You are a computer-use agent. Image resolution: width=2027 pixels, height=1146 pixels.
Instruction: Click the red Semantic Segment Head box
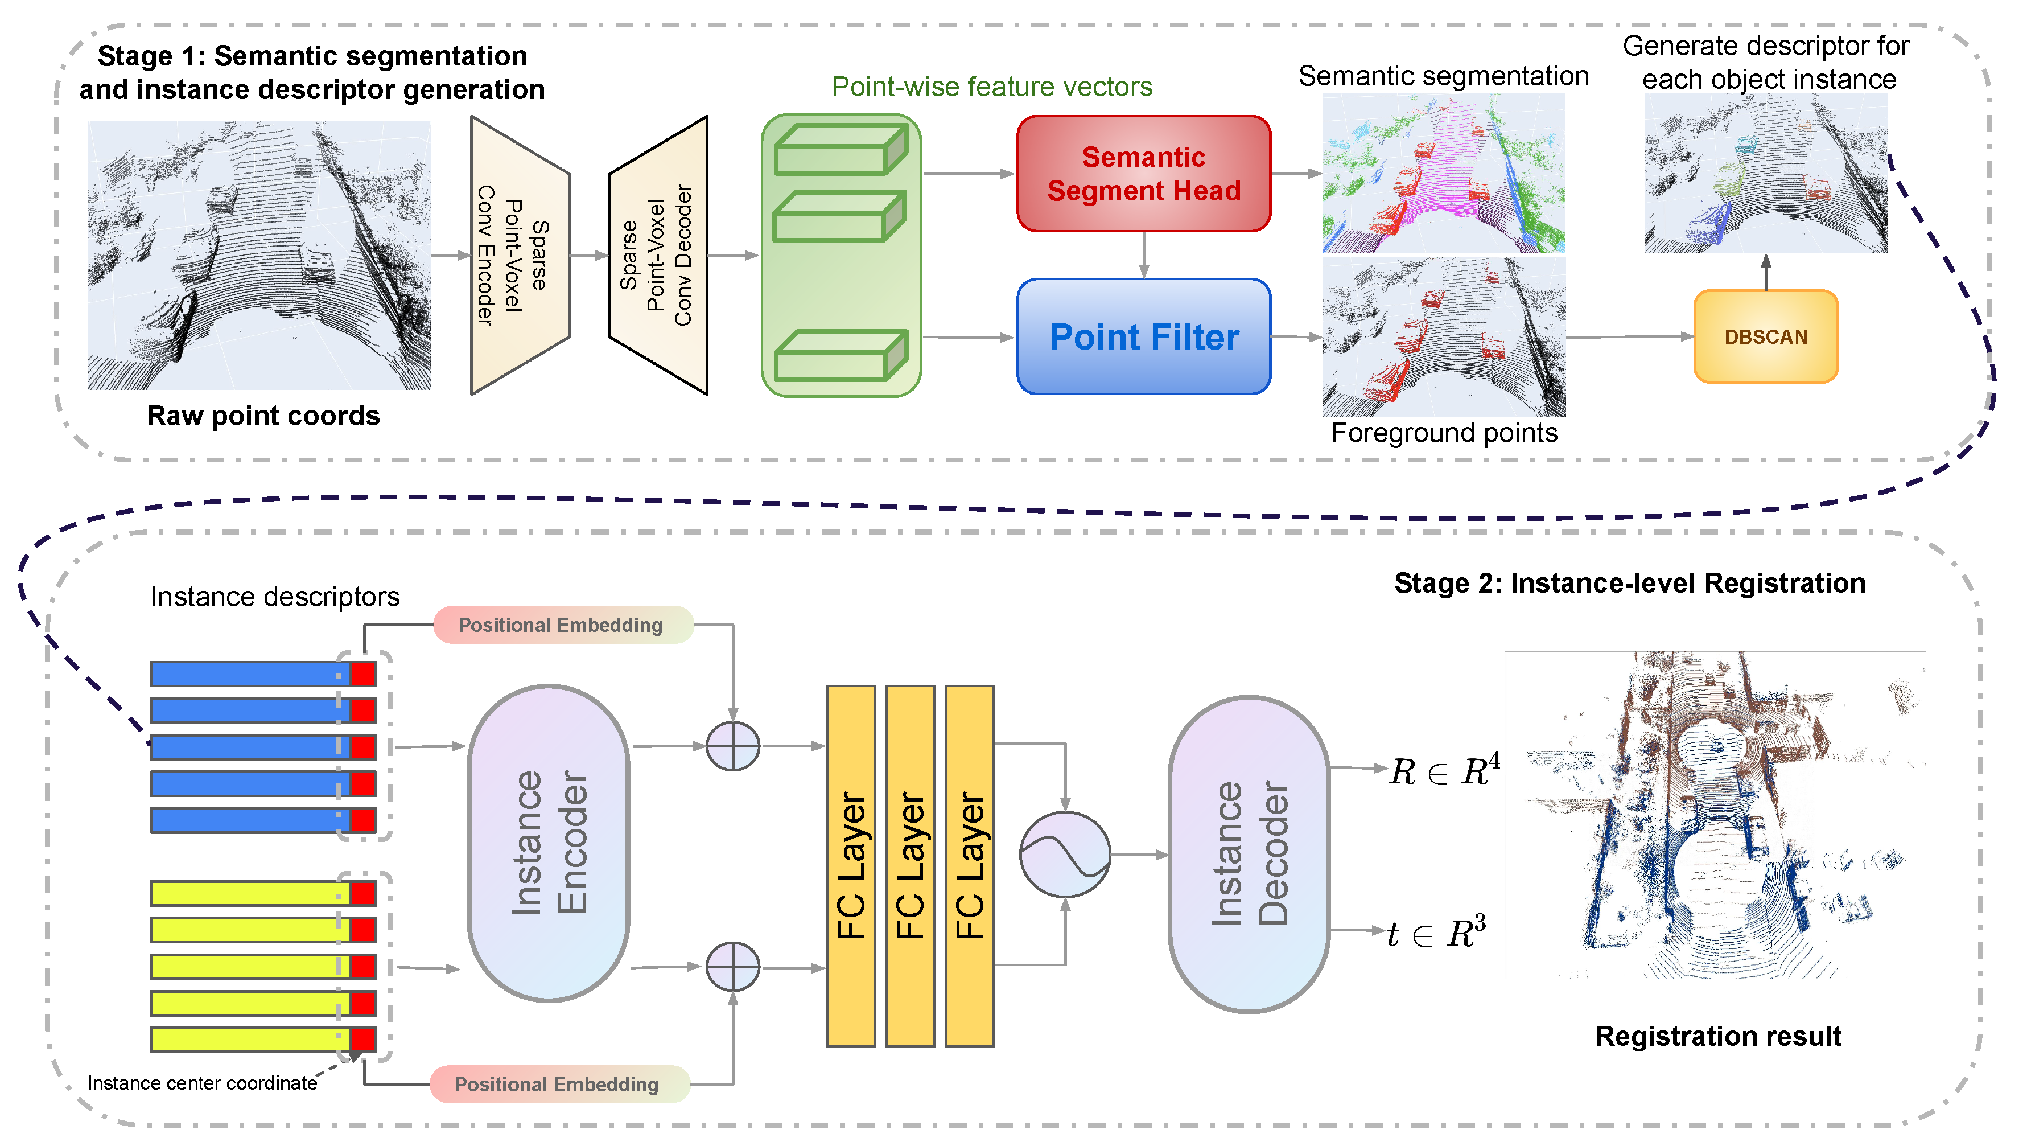(1143, 174)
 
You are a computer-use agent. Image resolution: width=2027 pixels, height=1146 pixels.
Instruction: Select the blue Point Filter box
(1143, 337)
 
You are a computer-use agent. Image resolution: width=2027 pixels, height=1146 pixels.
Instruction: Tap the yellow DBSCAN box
(1766, 337)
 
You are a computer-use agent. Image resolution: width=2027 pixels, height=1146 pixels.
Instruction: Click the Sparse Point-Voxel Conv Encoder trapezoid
(520, 256)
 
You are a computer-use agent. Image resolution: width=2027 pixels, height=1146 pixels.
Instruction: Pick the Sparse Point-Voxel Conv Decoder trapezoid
(658, 256)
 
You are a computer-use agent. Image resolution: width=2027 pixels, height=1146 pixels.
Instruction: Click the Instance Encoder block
(549, 843)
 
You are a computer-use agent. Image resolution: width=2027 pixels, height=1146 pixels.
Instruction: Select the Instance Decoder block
(1249, 854)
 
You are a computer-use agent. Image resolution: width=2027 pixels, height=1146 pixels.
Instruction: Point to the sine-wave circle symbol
(1065, 854)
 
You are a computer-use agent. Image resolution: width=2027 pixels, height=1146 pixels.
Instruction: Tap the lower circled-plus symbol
(732, 967)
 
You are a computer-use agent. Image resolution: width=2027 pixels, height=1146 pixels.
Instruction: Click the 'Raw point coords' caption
(263, 416)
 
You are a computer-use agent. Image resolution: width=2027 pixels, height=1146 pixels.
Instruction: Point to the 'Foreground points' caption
(1444, 433)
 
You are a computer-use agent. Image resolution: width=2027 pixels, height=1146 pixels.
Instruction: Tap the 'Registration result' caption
(1718, 1036)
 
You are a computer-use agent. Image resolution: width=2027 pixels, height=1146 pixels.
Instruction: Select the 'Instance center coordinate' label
(202, 1083)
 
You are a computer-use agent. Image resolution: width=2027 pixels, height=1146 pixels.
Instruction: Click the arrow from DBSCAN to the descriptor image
(1766, 272)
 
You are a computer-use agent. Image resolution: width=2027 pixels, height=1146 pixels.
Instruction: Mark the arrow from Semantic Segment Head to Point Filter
(1143, 255)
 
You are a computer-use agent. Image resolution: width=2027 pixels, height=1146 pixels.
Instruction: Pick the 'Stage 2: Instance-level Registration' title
(1630, 583)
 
